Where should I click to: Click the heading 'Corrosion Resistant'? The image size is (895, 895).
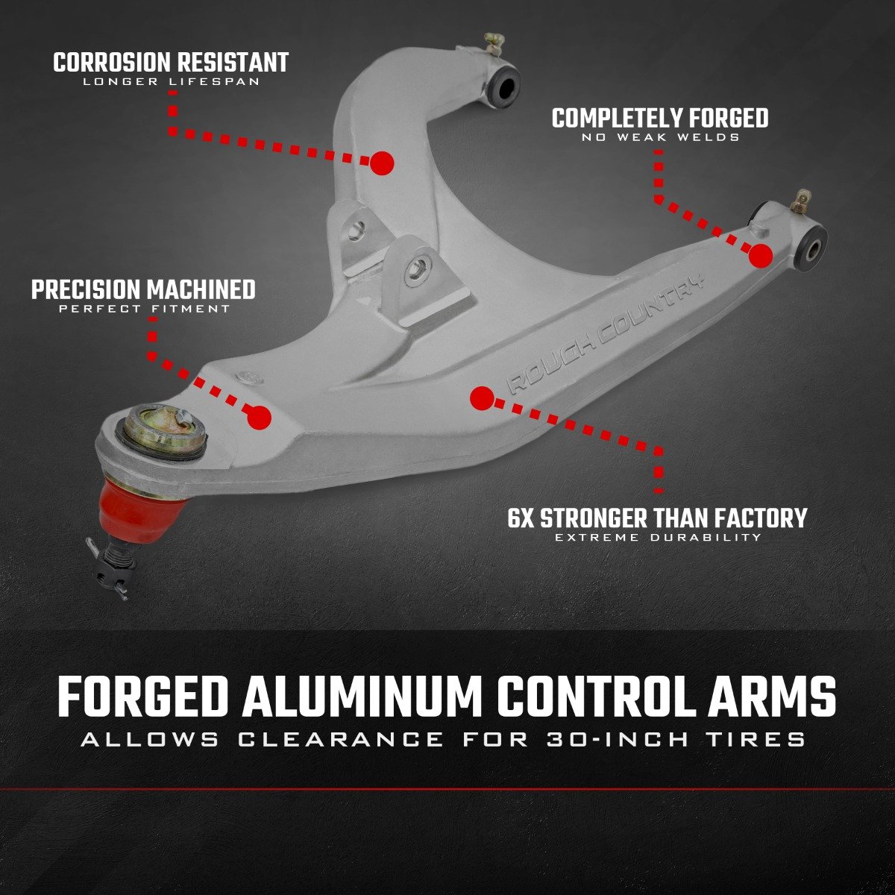(171, 62)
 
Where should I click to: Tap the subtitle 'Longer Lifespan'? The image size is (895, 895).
(171, 81)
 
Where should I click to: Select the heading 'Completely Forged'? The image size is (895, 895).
(660, 118)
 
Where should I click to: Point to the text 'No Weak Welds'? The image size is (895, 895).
(660, 137)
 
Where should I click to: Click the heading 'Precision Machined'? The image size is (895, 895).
(143, 289)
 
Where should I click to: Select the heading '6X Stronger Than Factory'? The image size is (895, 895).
(657, 518)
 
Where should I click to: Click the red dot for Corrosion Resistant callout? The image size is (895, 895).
(382, 163)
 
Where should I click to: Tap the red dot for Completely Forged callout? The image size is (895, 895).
(760, 256)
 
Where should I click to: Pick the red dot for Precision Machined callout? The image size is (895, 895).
(260, 418)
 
